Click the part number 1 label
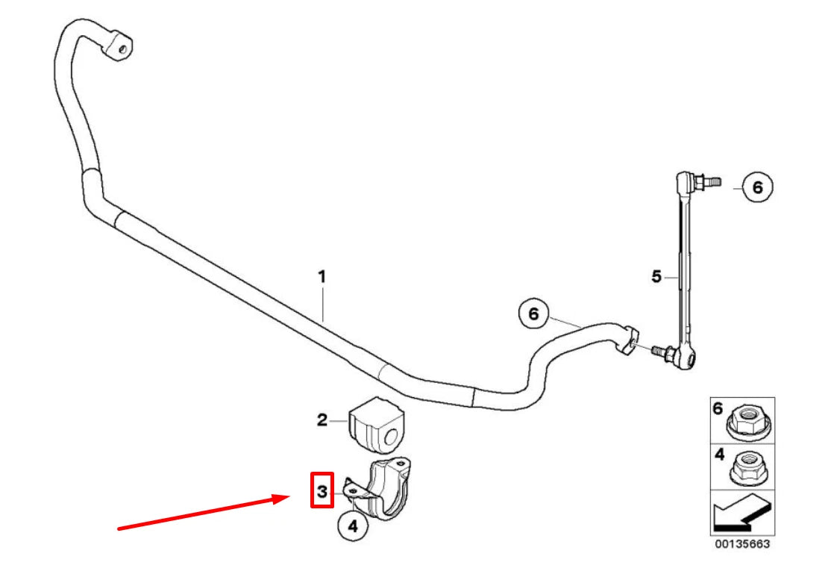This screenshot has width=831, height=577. click(322, 277)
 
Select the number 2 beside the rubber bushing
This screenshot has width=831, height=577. click(322, 420)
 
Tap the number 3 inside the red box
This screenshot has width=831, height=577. click(322, 490)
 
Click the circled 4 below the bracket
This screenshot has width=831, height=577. click(353, 526)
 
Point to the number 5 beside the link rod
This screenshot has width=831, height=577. click(656, 277)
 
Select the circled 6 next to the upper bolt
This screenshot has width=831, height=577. click(757, 187)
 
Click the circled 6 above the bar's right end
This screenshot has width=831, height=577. click(533, 315)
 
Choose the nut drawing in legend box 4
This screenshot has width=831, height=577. click(747, 467)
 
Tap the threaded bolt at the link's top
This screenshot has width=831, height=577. click(709, 180)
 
